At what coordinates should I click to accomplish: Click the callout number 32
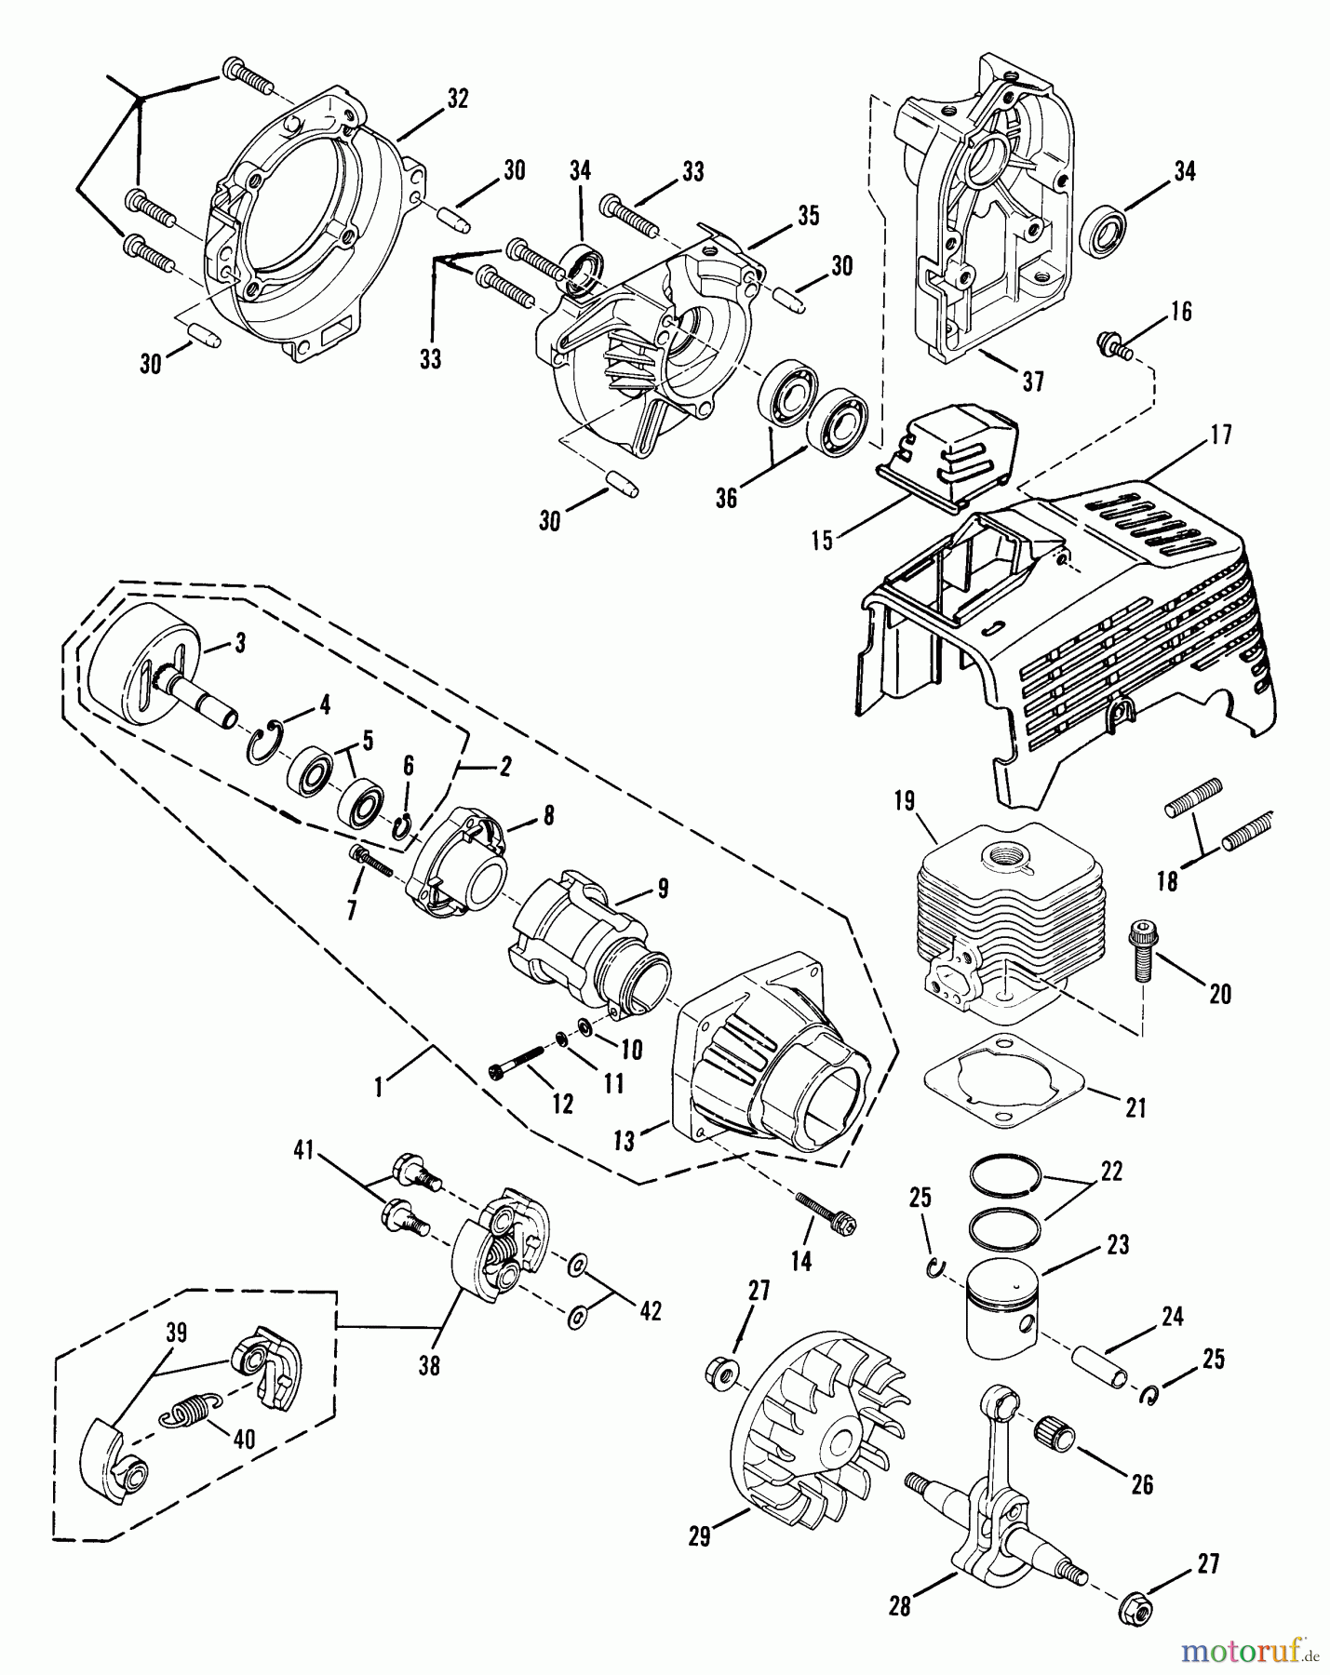[x=457, y=99]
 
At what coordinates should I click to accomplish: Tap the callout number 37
[x=1032, y=382]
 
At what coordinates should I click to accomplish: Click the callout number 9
[x=663, y=888]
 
